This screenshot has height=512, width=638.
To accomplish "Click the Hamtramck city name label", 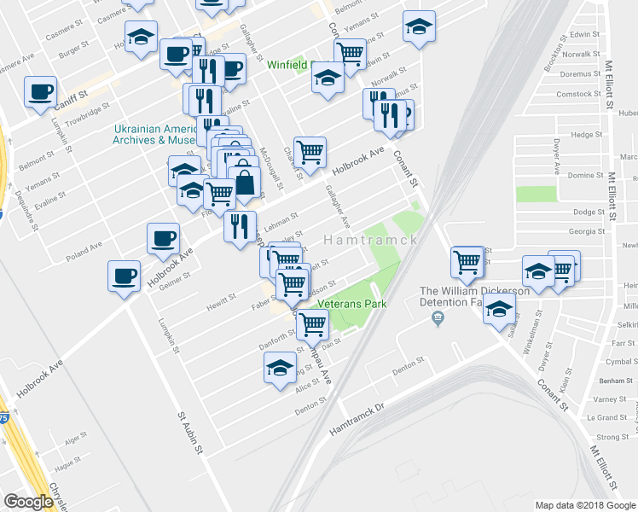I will (369, 241).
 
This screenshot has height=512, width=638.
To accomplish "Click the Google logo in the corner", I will (28, 502).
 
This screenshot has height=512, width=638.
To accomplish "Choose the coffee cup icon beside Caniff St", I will (40, 92).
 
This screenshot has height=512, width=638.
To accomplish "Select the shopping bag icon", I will (244, 182).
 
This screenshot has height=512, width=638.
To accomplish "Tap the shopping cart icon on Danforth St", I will (313, 323).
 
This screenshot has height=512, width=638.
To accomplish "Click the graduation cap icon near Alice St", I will (279, 369).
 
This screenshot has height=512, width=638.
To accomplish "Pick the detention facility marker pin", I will (438, 318).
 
